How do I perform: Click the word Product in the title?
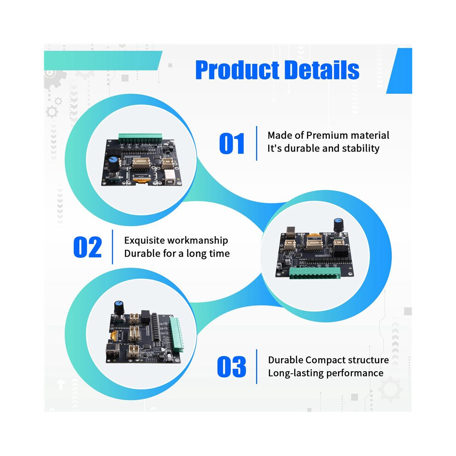click(237, 70)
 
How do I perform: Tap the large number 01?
click(232, 143)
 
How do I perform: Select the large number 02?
click(88, 247)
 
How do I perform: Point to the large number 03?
click(232, 367)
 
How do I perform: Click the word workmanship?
click(196, 240)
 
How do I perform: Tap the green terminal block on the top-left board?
click(140, 138)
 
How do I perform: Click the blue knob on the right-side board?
click(338, 223)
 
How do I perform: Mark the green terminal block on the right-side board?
click(315, 273)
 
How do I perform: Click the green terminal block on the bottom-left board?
click(177, 334)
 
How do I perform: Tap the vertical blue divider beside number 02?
click(112, 247)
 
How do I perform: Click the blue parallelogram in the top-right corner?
click(400, 70)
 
